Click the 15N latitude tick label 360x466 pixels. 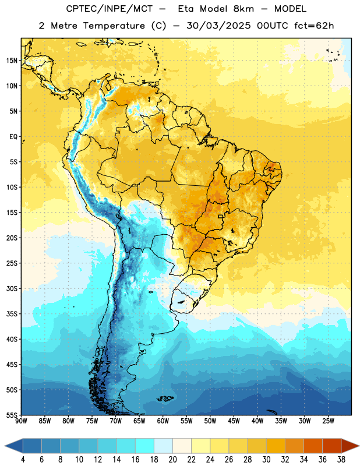click(12, 61)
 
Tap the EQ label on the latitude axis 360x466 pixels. click(13, 137)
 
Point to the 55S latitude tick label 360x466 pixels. click(12, 415)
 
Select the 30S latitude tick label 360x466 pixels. click(12, 288)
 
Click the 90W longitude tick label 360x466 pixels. click(21, 421)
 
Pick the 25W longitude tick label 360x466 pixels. click(328, 421)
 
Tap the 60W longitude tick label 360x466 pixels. click(163, 421)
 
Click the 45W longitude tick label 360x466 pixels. click(234, 421)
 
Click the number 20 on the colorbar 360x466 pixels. click(172, 460)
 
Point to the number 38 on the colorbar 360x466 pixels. click(341, 460)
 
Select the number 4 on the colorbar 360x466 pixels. click(23, 460)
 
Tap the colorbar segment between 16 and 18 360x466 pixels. click(145, 446)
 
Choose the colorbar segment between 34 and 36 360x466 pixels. click(313, 446)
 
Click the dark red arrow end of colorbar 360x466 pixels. click(350, 446)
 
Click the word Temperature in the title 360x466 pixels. click(114, 26)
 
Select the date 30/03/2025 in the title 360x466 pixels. click(218, 26)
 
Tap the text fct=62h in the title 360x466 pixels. click(314, 26)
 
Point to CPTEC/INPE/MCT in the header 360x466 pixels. click(109, 9)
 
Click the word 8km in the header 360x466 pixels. click(243, 9)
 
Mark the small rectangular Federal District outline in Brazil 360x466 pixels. click(221, 216)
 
